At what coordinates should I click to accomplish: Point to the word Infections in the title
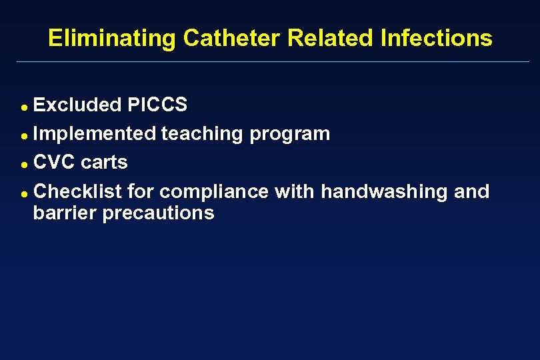click(x=436, y=38)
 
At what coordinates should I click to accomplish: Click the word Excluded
click(x=77, y=105)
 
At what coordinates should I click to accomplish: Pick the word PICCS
click(x=157, y=105)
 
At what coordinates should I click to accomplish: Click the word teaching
click(x=202, y=134)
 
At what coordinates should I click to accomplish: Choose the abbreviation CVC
click(x=54, y=163)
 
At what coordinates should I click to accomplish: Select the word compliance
click(x=213, y=193)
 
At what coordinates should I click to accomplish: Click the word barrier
click(x=65, y=213)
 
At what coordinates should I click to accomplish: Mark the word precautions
click(x=158, y=214)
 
